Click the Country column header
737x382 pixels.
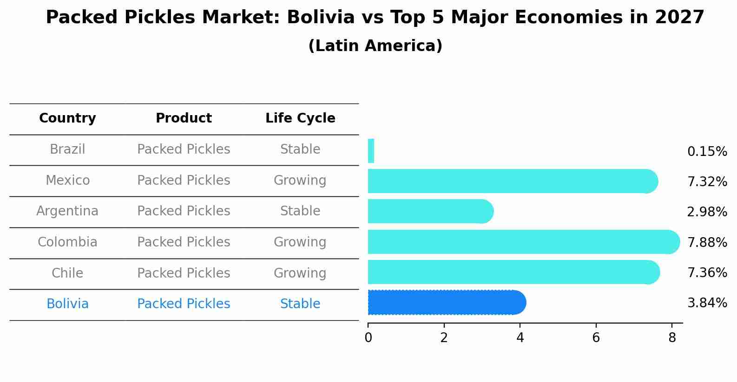click(x=67, y=118)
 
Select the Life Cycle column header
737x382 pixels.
click(x=300, y=118)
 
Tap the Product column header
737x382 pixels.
click(x=184, y=118)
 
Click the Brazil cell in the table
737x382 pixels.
click(x=67, y=149)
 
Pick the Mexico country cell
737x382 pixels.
click(x=67, y=180)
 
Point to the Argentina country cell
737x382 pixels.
click(x=67, y=211)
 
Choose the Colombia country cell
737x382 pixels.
click(x=67, y=242)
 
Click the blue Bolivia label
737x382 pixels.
click(x=67, y=304)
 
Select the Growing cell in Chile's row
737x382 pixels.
click(x=300, y=273)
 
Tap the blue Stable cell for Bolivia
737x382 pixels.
click(x=300, y=304)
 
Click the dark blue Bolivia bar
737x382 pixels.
click(x=446, y=303)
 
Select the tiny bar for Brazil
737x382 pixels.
click(x=371, y=151)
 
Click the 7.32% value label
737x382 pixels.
click(x=707, y=182)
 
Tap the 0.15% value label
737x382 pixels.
click(x=707, y=152)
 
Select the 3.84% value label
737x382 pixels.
click(x=707, y=303)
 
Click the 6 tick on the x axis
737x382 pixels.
click(x=596, y=338)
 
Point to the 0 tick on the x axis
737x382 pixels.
click(x=368, y=338)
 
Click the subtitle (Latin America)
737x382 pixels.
click(x=375, y=46)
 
